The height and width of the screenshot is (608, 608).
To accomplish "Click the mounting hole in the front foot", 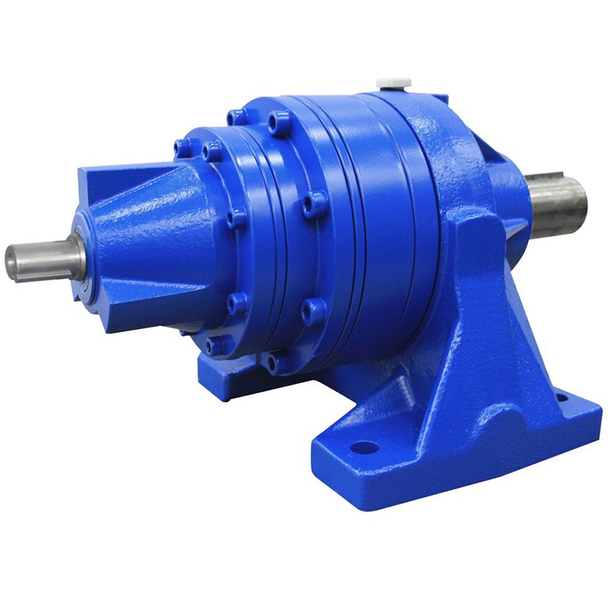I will click(365, 447).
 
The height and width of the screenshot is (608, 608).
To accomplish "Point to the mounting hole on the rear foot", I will click(561, 397).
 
